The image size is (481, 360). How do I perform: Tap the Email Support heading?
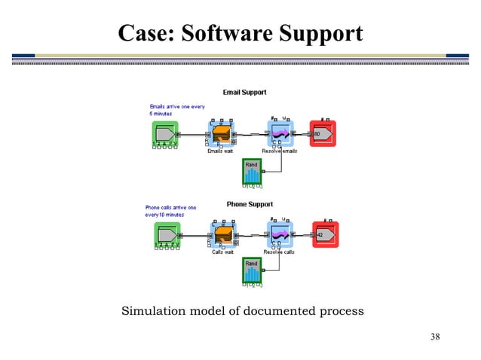click(x=244, y=93)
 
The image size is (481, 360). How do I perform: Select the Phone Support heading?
click(x=250, y=204)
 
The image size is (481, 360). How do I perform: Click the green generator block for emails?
click(x=165, y=134)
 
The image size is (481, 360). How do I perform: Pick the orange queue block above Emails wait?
click(x=222, y=135)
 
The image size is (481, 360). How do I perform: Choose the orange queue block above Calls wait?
click(x=222, y=236)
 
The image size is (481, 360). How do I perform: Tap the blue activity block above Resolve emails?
click(x=280, y=134)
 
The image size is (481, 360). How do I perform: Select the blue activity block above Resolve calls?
click(x=280, y=236)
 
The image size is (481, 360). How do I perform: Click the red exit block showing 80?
click(x=323, y=134)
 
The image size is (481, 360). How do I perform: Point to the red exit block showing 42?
click(x=325, y=235)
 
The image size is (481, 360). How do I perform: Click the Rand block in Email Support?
click(x=252, y=172)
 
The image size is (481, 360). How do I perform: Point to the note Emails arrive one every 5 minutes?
click(x=176, y=110)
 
